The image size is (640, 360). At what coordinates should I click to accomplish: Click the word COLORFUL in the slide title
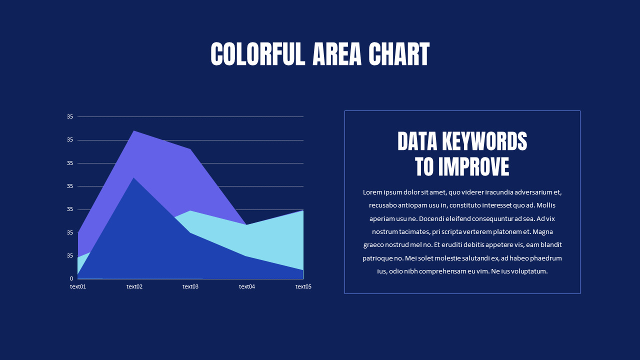[257, 54]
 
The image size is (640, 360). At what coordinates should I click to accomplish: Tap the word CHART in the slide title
[399, 54]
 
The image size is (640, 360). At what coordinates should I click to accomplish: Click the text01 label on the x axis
[78, 286]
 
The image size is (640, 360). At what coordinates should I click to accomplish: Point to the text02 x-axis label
[134, 286]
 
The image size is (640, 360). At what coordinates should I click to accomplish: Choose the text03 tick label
[190, 286]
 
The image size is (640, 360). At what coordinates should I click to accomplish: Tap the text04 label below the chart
[247, 286]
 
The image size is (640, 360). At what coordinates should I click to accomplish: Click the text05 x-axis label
[303, 286]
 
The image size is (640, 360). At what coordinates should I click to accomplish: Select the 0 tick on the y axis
[71, 278]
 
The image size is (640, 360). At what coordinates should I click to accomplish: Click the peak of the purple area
[134, 131]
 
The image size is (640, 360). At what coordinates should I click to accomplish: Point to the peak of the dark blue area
[133, 178]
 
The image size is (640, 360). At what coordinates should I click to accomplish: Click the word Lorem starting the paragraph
[372, 192]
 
